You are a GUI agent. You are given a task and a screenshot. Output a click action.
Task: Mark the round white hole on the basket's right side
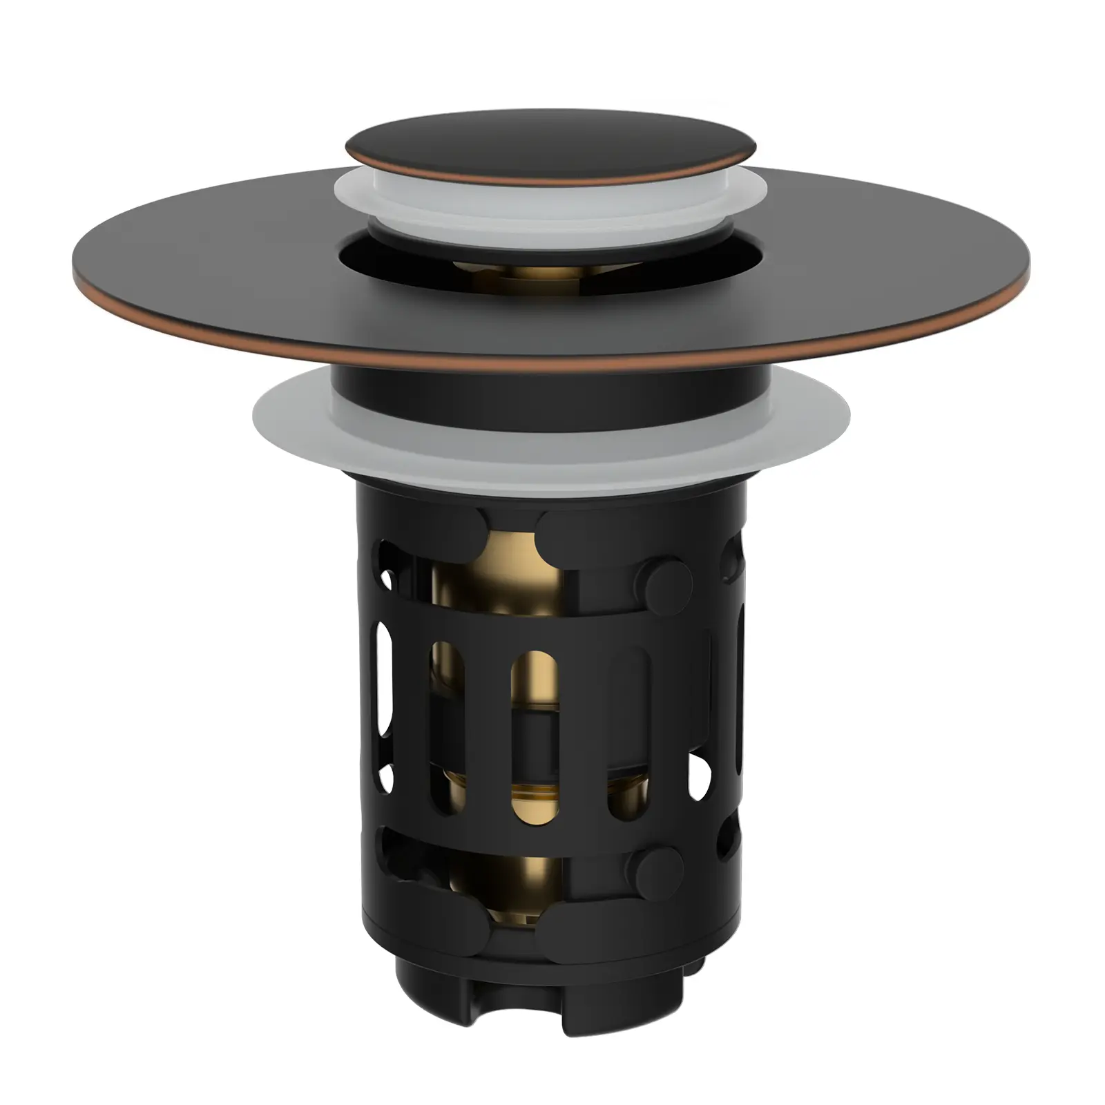point(699,771)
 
